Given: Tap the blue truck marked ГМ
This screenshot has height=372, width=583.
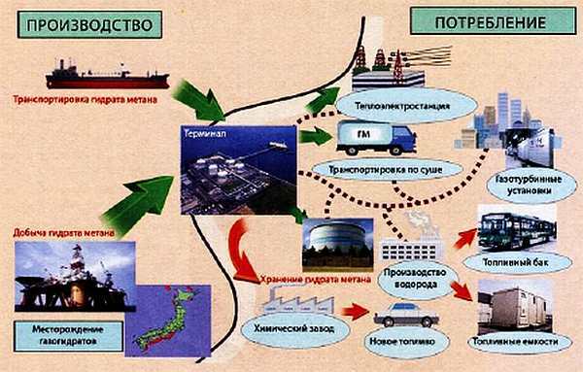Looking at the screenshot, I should pos(375,138).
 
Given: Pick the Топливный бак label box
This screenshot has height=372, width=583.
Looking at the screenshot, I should pos(517,263).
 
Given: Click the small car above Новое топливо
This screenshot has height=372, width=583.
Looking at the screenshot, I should pos(403,315).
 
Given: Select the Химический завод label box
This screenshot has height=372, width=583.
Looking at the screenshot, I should pos(302,331).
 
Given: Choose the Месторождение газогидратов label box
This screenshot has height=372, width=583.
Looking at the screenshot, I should pos(69,336).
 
